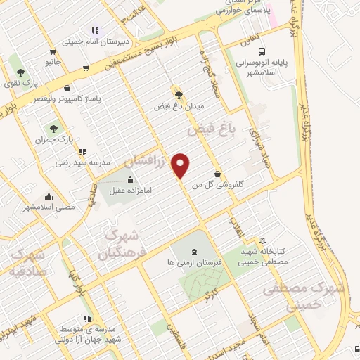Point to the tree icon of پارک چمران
(53, 128)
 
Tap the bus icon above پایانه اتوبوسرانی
(262, 51)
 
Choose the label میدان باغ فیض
(181, 106)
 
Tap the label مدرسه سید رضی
(84, 162)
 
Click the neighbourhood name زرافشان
(148, 161)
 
